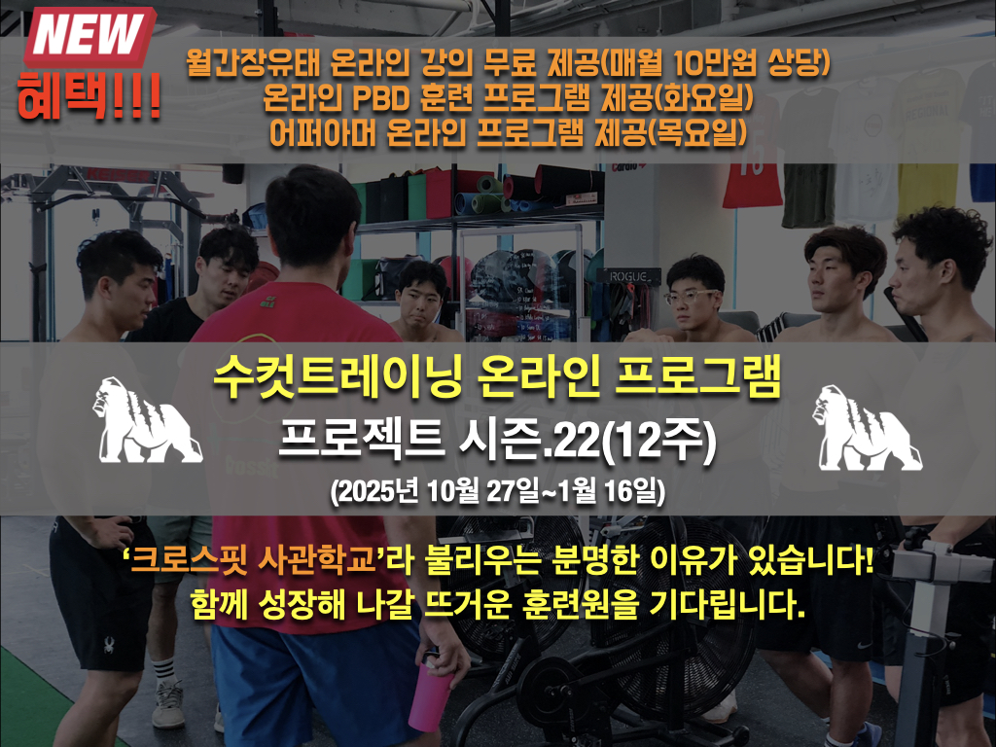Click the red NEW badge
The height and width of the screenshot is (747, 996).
[89, 36]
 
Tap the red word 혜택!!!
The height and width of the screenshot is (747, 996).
[89, 96]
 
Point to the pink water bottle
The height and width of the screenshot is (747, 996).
[428, 692]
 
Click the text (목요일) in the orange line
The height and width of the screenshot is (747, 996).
[696, 132]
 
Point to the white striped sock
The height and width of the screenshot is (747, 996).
[163, 671]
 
